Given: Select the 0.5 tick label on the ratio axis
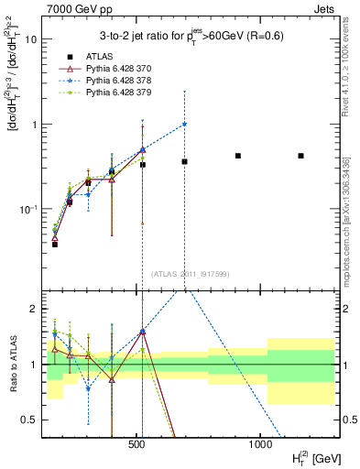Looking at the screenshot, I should [x=29, y=420].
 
